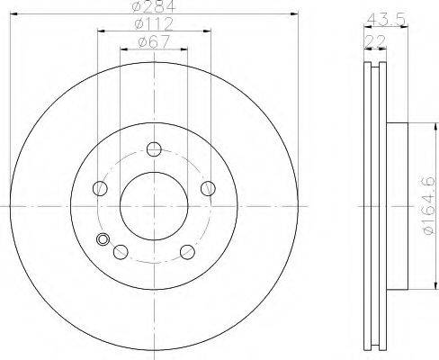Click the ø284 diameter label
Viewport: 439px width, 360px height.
coord(154,6)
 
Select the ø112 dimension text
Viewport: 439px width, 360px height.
coord(154,24)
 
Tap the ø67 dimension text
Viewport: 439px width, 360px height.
coord(154,41)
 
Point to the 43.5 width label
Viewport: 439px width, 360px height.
coord(387,20)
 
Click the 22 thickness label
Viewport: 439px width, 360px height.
coord(375,41)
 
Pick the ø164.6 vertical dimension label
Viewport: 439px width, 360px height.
coord(427,205)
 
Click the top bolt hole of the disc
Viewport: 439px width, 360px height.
coord(154,149)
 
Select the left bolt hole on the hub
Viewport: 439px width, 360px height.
coord(100,188)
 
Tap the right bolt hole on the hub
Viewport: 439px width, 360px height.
coord(208,188)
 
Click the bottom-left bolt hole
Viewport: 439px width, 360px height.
coord(121,252)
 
